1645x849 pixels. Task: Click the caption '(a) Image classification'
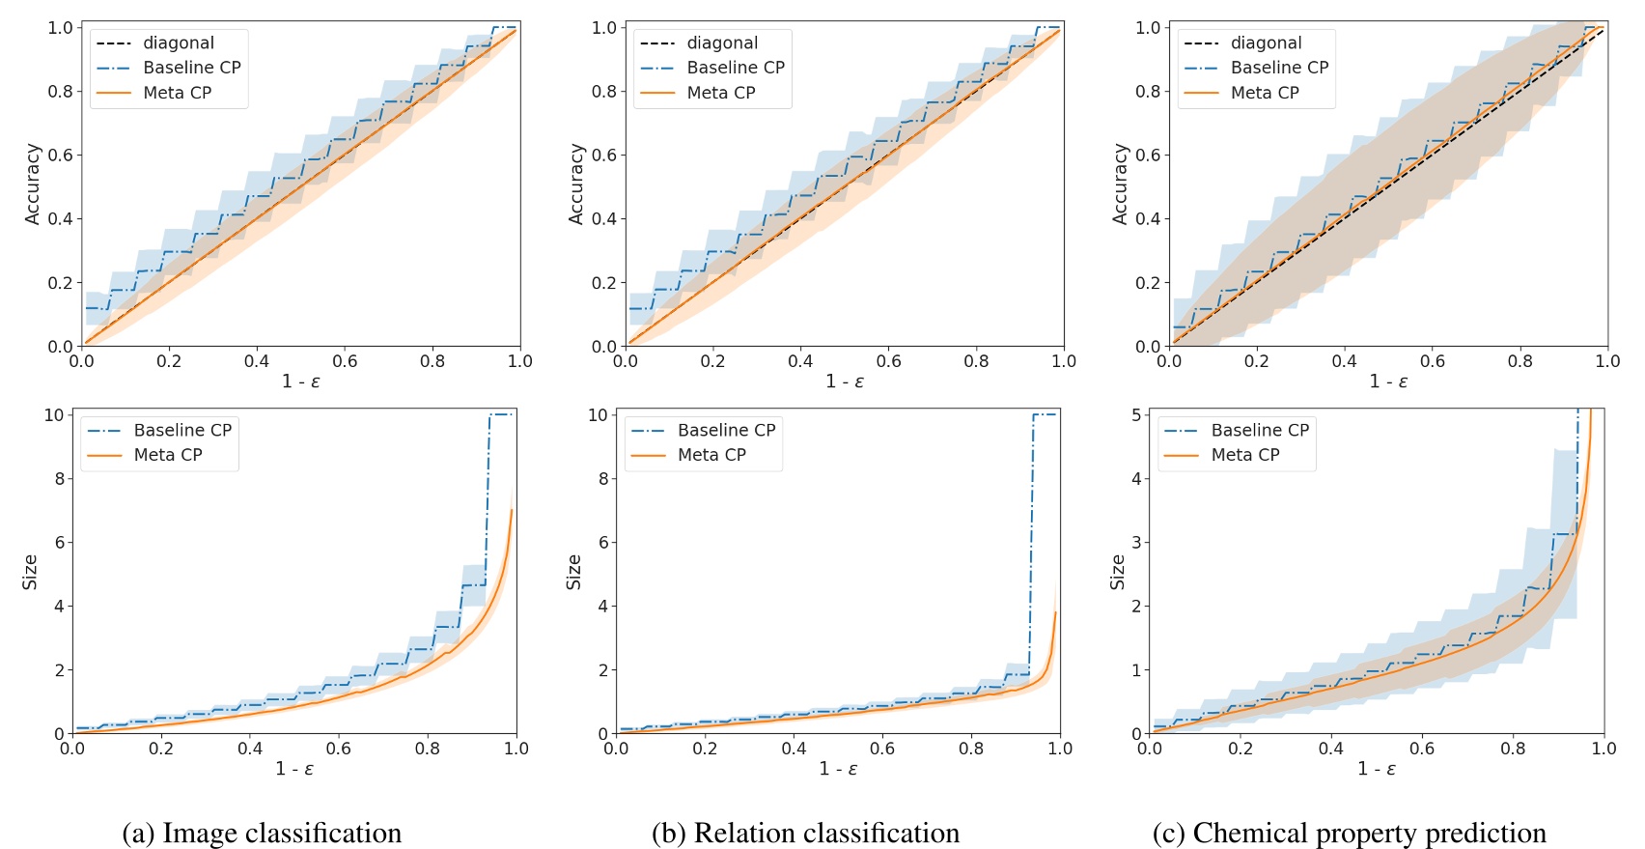(x=262, y=833)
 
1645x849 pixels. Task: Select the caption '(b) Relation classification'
(x=805, y=833)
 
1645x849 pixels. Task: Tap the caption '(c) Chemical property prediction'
(x=1349, y=833)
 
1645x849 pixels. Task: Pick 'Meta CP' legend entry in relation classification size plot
(x=711, y=455)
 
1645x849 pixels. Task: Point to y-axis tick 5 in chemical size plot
(x=1136, y=415)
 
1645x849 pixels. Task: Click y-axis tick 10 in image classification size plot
(x=54, y=415)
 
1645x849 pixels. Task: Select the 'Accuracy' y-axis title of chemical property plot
(x=1120, y=184)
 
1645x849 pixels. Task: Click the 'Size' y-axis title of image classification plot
(x=30, y=572)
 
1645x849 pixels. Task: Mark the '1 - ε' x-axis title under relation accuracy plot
(x=844, y=382)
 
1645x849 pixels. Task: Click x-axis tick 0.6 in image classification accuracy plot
(x=345, y=361)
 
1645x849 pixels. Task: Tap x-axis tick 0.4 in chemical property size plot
(x=1331, y=749)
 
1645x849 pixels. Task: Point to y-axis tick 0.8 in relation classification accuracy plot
(x=603, y=91)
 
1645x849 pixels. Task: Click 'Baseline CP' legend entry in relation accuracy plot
(x=736, y=68)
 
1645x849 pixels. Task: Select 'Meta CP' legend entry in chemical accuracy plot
(x=1265, y=93)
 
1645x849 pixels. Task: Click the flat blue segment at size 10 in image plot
(x=502, y=414)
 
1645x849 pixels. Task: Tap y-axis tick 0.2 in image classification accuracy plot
(x=60, y=282)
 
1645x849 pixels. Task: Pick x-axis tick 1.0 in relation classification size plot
(x=1060, y=749)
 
